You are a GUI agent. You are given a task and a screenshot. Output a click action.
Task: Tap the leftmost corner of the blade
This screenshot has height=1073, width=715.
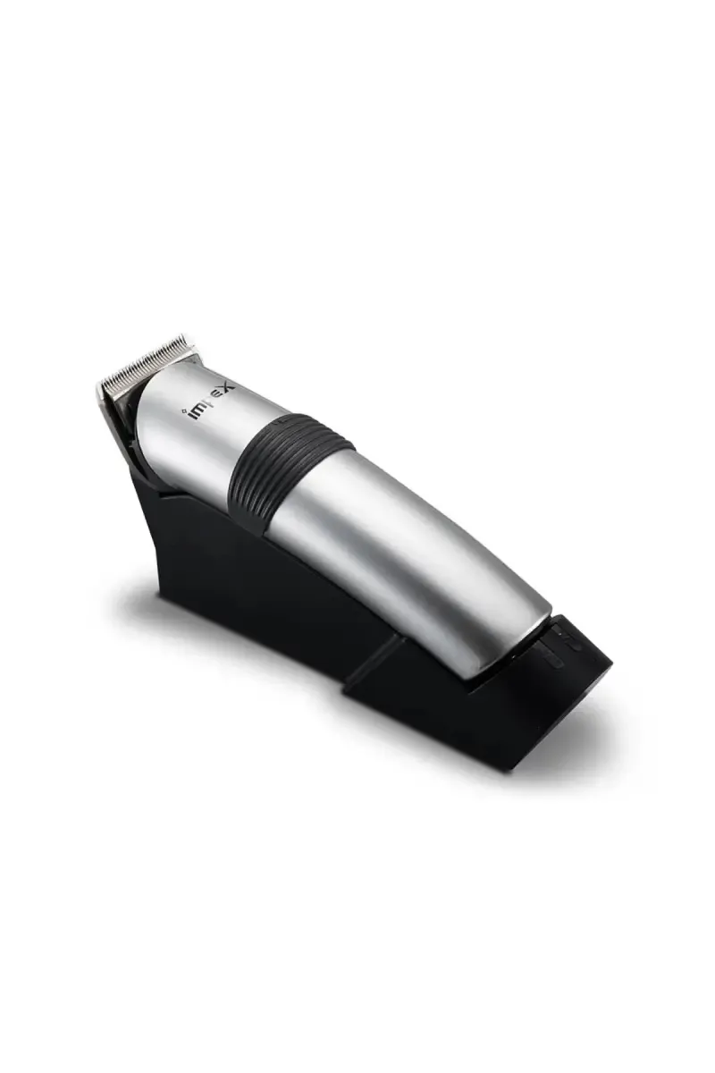coord(98,386)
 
